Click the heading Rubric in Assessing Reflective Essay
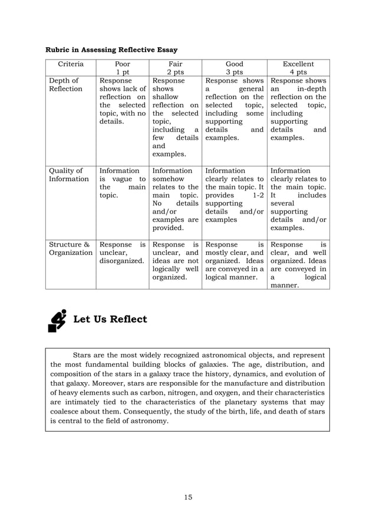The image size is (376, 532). [112, 50]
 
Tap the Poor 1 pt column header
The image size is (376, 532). [122, 68]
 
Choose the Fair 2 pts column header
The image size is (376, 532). [175, 68]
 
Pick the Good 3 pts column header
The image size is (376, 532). [234, 68]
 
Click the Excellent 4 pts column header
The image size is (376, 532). [298, 68]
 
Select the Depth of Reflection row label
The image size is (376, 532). [65, 84]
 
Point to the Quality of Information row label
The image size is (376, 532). [68, 175]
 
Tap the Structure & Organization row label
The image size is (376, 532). [71, 248]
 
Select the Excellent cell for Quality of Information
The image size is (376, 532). [298, 199]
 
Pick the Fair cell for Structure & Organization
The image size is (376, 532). [175, 261]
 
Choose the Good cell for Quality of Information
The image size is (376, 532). [234, 195]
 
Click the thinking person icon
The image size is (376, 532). [57, 320]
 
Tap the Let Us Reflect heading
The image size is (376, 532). [110, 320]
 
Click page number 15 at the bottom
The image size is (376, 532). [187, 497]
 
